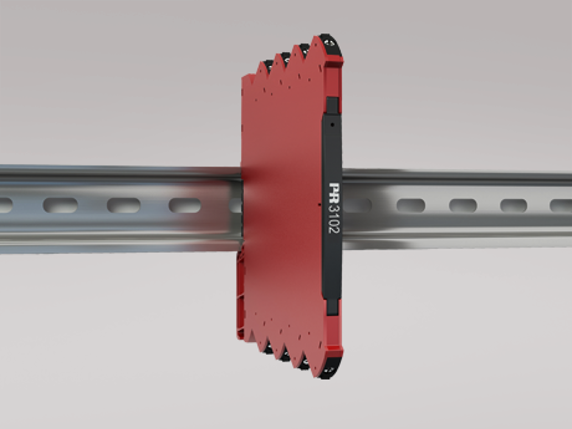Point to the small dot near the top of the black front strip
click(332, 125)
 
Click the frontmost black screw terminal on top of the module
click(330, 45)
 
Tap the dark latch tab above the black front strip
click(332, 105)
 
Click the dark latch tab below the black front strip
click(332, 307)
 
